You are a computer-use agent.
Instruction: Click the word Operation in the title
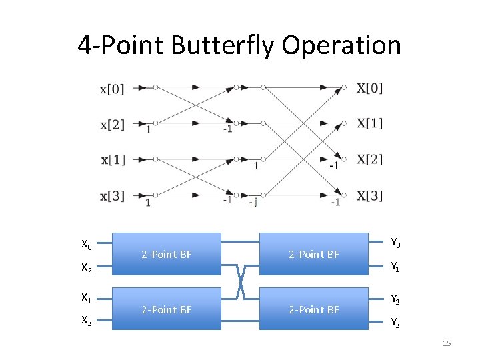(341, 46)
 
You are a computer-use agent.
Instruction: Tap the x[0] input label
(112, 88)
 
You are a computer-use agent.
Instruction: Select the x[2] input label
(112, 124)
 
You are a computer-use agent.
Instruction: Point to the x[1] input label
(113, 160)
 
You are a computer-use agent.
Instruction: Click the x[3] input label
(112, 196)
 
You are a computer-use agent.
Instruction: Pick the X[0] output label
(370, 87)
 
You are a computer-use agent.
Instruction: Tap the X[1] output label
(370, 123)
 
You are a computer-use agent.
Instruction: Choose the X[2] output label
(370, 159)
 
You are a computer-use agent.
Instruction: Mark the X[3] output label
(370, 195)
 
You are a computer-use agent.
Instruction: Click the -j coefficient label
(253, 201)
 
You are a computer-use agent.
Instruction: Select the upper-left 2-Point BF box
(167, 254)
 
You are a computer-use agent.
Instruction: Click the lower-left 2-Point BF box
(167, 309)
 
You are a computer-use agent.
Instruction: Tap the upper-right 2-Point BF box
(314, 254)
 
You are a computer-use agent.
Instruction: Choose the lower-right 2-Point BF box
(314, 309)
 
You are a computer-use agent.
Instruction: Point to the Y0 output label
(395, 243)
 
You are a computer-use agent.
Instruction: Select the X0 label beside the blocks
(87, 245)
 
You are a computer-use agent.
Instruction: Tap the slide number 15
(447, 343)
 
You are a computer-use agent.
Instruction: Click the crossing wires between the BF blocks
(240, 281)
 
